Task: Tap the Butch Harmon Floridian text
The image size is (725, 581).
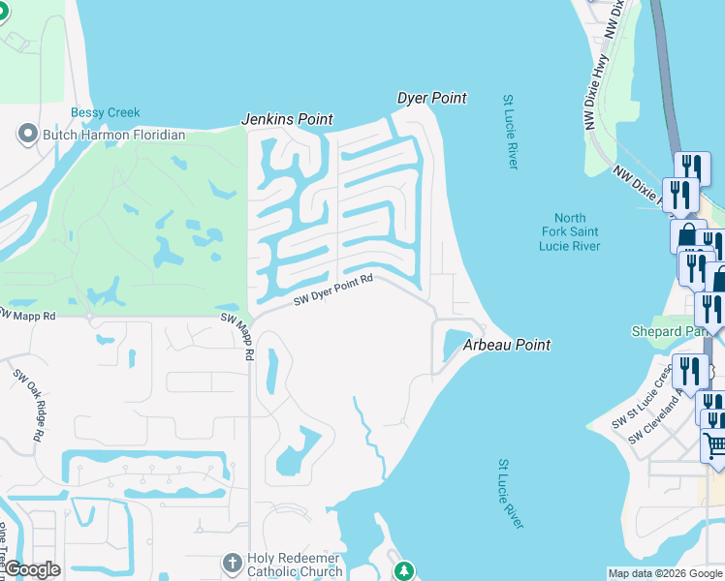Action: click(x=114, y=135)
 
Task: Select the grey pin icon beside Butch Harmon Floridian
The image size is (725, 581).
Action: click(x=27, y=134)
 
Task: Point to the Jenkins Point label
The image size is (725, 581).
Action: click(x=287, y=119)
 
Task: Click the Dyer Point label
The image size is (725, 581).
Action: click(x=432, y=98)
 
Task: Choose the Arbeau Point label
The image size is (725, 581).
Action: click(x=506, y=345)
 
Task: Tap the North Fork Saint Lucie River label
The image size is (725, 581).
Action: click(x=570, y=232)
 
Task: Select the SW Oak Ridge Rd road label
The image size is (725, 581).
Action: click(x=28, y=405)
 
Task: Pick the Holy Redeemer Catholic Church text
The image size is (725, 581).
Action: click(x=294, y=565)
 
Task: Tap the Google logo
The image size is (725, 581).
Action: click(x=31, y=569)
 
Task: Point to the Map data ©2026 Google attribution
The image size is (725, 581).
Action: click(x=665, y=573)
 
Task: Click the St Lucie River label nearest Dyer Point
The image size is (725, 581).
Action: click(x=510, y=132)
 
